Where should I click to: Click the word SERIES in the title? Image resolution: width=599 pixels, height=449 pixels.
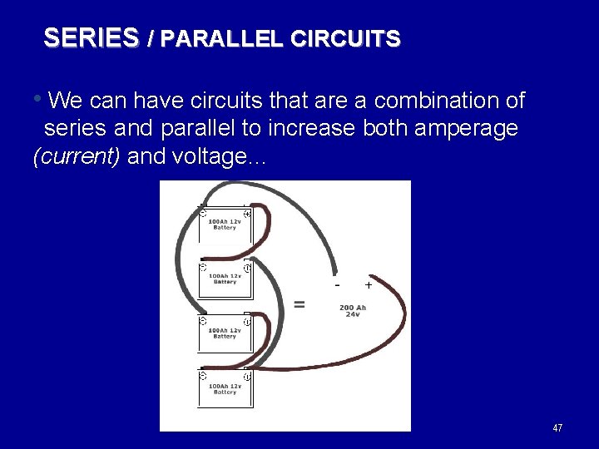(91, 38)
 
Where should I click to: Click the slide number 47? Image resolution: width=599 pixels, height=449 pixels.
(557, 428)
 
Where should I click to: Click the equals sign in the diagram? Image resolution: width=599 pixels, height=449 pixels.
(299, 304)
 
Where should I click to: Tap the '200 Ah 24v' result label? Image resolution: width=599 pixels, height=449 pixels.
(354, 311)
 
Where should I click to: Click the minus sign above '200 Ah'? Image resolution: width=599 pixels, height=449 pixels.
(337, 284)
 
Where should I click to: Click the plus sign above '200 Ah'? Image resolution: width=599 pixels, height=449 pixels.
(368, 284)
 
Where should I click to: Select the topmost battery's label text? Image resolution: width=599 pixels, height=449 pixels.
(225, 224)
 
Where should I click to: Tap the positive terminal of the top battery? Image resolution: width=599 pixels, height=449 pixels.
(247, 214)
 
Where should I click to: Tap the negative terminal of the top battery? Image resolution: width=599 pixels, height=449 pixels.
(203, 214)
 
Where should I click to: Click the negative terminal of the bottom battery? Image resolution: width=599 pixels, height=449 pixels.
(203, 376)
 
